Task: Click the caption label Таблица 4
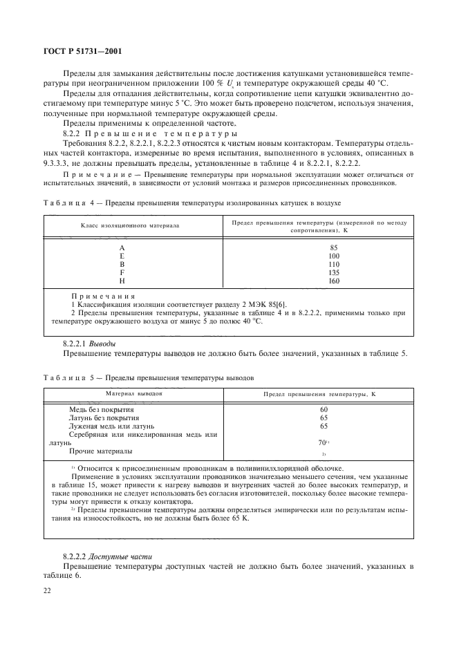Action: [x=66, y=204]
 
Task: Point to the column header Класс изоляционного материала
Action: [x=129, y=225]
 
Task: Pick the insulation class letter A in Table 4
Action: [x=122, y=247]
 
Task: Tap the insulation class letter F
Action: [x=122, y=272]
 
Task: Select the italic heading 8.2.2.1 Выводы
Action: [x=89, y=343]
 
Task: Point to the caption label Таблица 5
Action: [x=66, y=378]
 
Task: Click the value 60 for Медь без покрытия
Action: [x=323, y=410]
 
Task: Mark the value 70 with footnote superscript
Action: [x=323, y=442]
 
